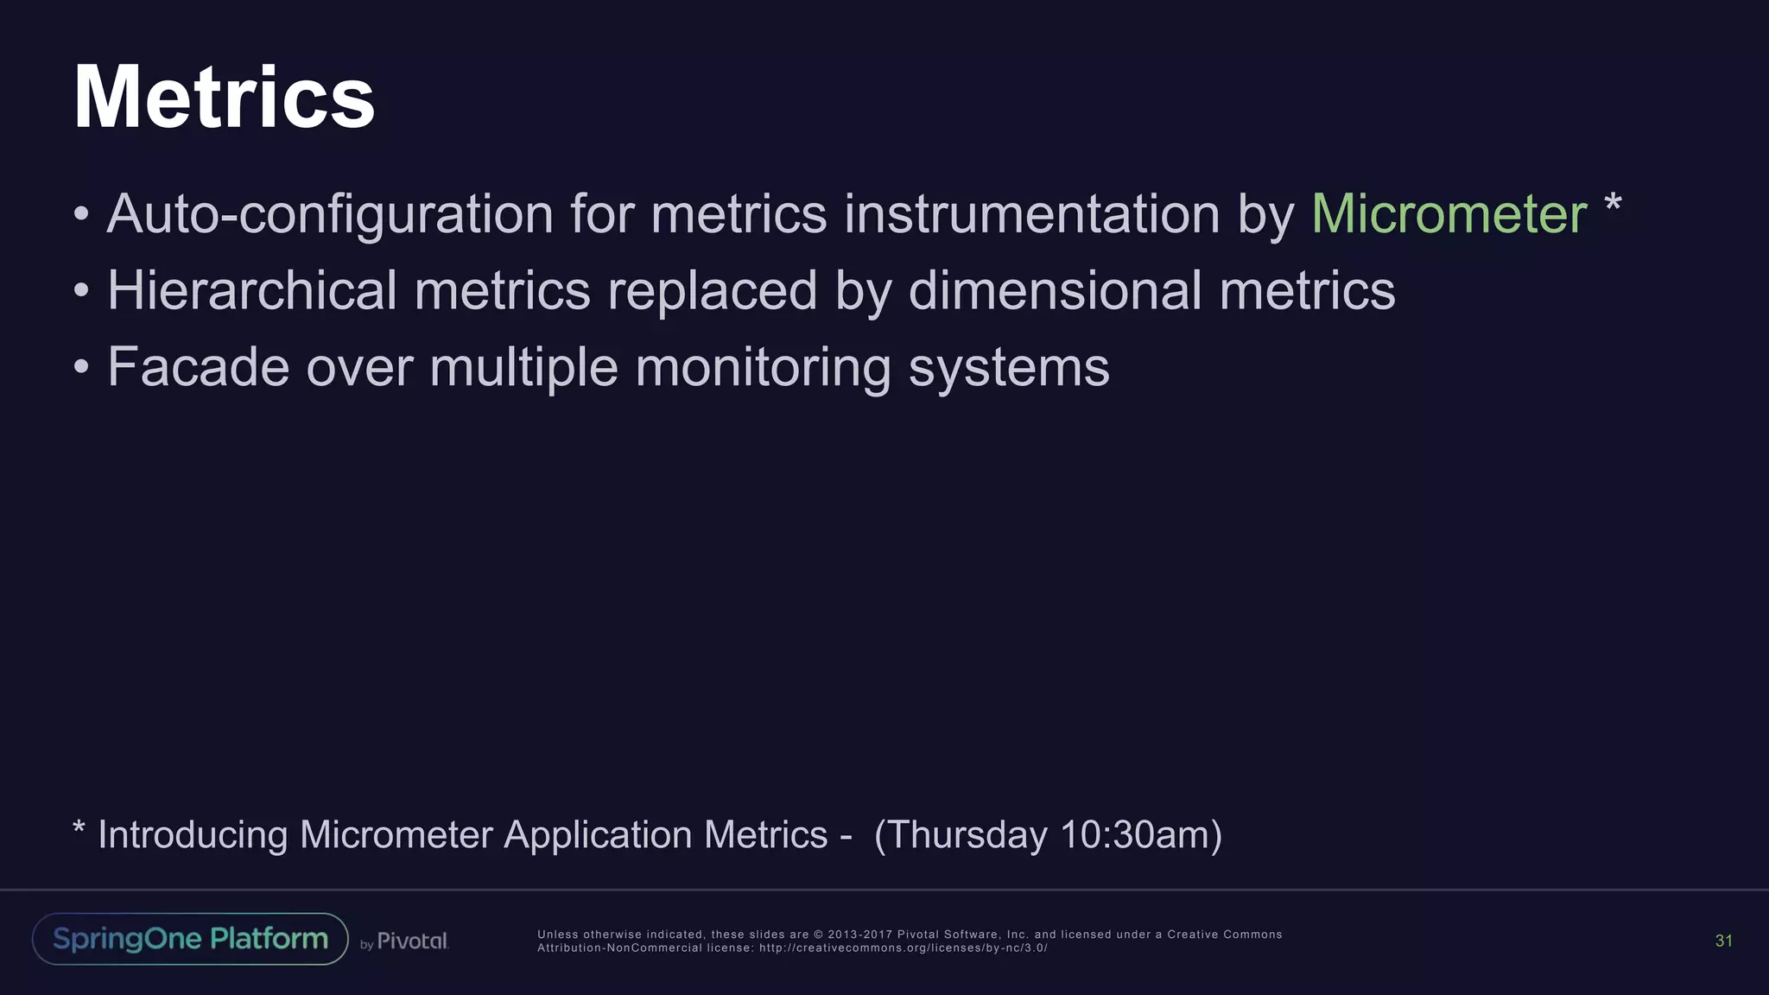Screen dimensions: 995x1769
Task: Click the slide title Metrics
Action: pyautogui.click(x=224, y=98)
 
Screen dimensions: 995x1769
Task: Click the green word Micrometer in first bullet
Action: pyautogui.click(x=1449, y=213)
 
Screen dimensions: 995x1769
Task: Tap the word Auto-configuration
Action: pyautogui.click(x=329, y=213)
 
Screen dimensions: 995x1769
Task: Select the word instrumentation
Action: pyautogui.click(x=1031, y=213)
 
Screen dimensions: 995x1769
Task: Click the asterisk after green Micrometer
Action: pyautogui.click(x=1612, y=206)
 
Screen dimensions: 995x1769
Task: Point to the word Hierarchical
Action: pyautogui.click(x=251, y=290)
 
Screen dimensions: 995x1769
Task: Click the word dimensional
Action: pyautogui.click(x=1055, y=290)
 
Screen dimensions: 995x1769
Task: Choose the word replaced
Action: pyautogui.click(x=712, y=290)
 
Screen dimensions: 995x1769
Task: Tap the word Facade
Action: pyautogui.click(x=198, y=367)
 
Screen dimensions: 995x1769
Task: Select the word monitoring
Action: pyautogui.click(x=763, y=367)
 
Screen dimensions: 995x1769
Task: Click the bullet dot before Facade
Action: pyautogui.click(x=81, y=367)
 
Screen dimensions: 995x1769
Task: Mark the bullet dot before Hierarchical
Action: pyautogui.click(x=81, y=290)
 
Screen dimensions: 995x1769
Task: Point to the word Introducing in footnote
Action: pyautogui.click(x=193, y=835)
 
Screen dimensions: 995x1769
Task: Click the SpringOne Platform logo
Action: pyautogui.click(x=190, y=939)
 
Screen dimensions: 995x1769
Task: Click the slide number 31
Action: pyautogui.click(x=1723, y=941)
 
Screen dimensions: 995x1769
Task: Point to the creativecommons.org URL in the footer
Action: pyautogui.click(x=903, y=947)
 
